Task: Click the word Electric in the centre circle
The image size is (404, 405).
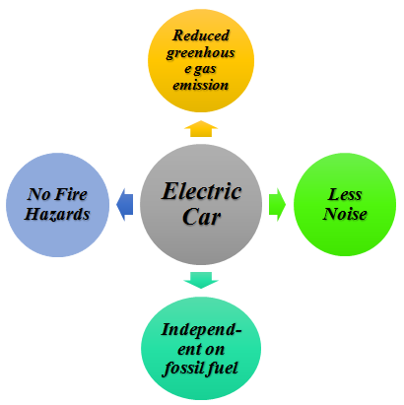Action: click(x=202, y=191)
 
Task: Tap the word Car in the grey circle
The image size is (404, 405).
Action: click(x=201, y=217)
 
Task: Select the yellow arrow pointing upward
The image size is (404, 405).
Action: click(x=201, y=129)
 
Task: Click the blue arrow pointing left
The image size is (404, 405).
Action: click(x=125, y=204)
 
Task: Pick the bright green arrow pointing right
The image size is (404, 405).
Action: click(x=277, y=204)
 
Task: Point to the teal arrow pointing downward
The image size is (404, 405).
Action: click(x=201, y=280)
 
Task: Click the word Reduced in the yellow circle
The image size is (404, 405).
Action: click(x=201, y=35)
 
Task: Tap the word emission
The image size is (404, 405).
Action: click(x=200, y=85)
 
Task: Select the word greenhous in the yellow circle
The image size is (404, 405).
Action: click(x=200, y=53)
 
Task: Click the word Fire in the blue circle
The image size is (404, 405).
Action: click(x=71, y=194)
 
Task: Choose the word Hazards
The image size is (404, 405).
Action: click(x=57, y=214)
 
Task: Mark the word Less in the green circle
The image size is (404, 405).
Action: click(x=345, y=194)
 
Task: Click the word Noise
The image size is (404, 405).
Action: click(x=345, y=214)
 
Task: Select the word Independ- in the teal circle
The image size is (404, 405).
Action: click(x=201, y=330)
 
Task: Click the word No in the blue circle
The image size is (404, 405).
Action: click(x=38, y=194)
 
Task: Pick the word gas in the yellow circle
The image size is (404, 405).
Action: click(x=205, y=70)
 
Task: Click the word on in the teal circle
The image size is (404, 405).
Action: click(x=216, y=350)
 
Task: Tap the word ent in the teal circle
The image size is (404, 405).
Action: click(x=189, y=349)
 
